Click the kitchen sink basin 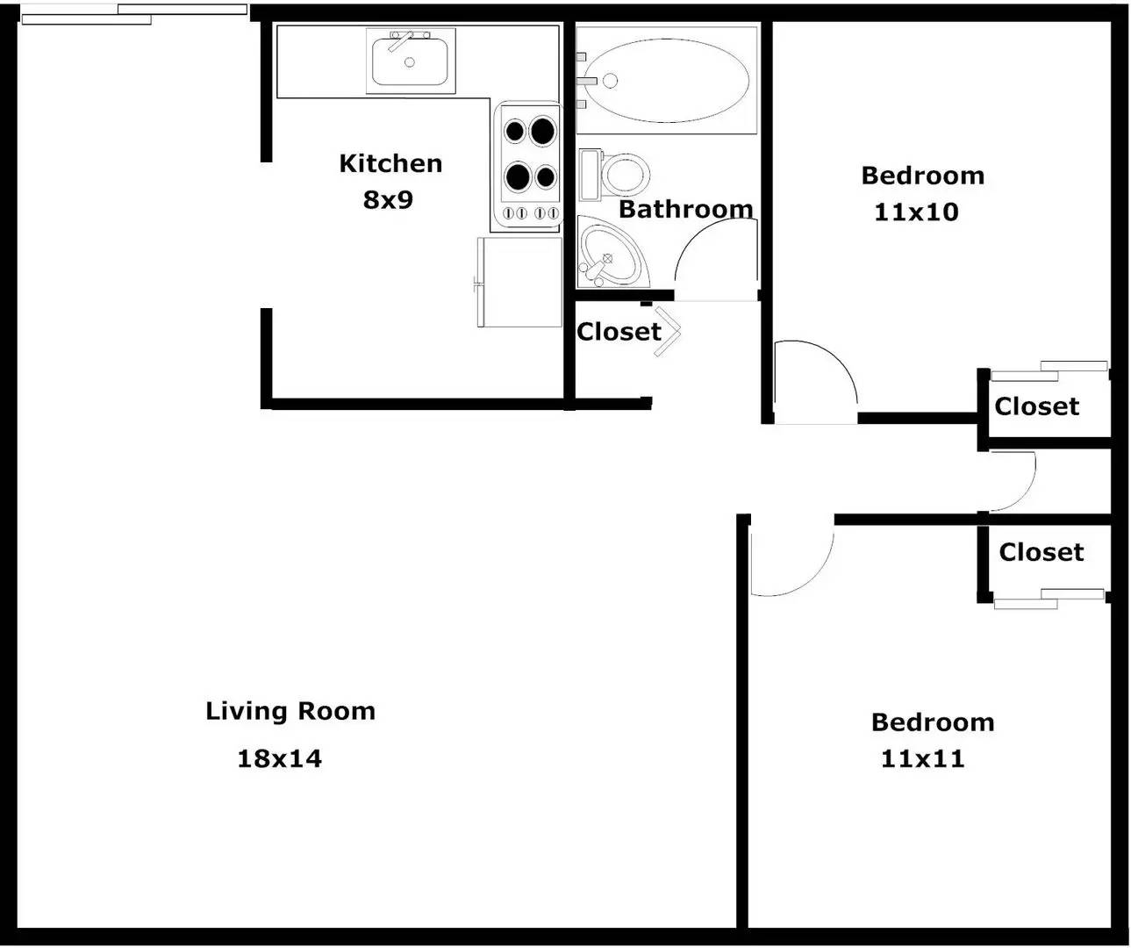(x=410, y=61)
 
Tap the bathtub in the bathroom (x=666, y=80)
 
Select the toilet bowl (x=625, y=175)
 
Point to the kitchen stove (x=529, y=166)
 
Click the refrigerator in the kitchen (x=519, y=282)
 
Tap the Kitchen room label (x=390, y=163)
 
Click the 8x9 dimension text (x=388, y=199)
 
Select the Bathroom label (x=686, y=209)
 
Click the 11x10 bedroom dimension (x=917, y=212)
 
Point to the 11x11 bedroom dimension (x=923, y=758)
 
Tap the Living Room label (x=290, y=711)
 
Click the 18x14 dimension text (x=280, y=758)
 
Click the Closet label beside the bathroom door (x=619, y=332)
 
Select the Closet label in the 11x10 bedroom (x=1037, y=406)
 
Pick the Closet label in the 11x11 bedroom (x=1042, y=552)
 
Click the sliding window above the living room (x=134, y=14)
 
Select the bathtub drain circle (x=610, y=81)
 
